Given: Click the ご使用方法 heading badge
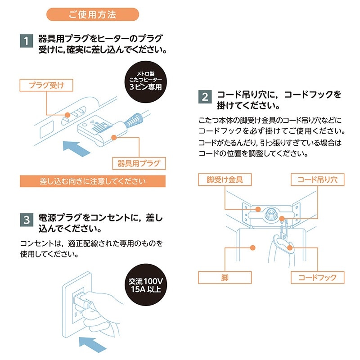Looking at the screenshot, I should click(92, 14).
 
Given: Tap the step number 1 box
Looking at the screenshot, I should click(27, 41).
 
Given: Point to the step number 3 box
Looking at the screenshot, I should click(27, 220).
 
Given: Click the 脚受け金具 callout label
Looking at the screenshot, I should click(225, 180).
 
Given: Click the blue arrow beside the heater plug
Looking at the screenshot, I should click(76, 147).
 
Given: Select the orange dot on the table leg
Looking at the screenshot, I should click(253, 247).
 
